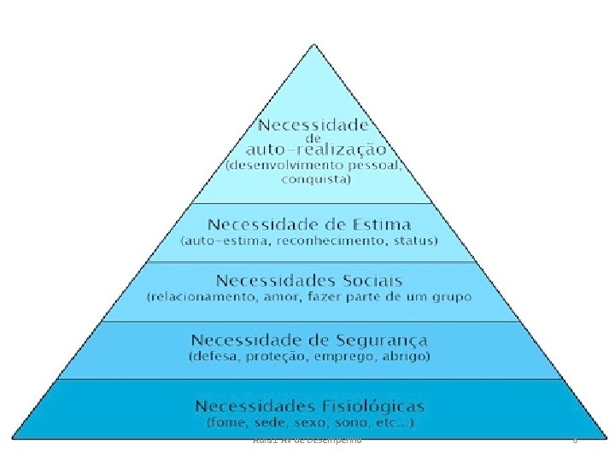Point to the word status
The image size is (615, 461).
[413, 242]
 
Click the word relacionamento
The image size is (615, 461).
[198, 297]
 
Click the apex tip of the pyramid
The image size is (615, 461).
[308, 41]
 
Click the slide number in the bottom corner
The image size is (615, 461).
[576, 440]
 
